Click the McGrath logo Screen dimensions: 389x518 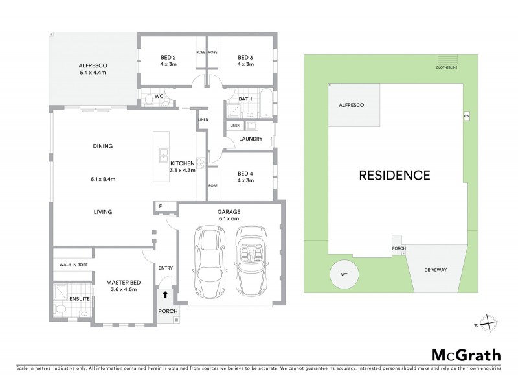[x=466, y=355]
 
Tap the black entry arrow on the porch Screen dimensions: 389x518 [x=166, y=294]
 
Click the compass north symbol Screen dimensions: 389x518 [x=486, y=325]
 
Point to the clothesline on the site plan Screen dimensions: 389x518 [x=446, y=60]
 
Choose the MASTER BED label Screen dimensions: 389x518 [x=124, y=282]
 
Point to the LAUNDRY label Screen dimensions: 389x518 [x=250, y=139]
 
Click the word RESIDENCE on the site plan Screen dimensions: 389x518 [x=394, y=174]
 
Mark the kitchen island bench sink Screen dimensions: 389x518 [x=163, y=156]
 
